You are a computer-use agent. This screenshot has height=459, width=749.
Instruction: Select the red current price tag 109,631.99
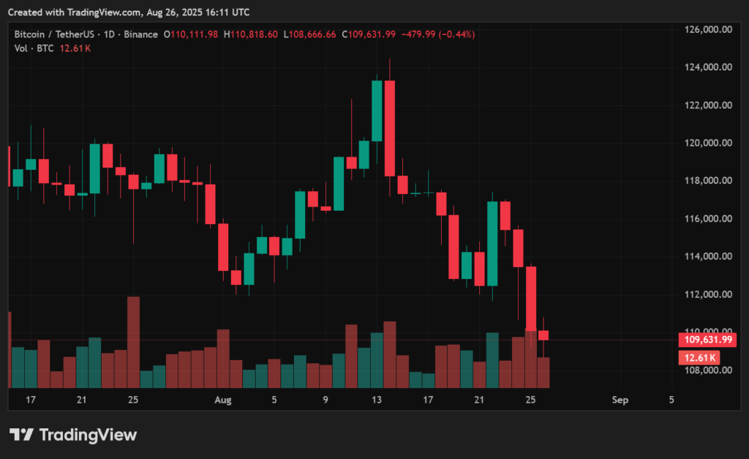point(706,340)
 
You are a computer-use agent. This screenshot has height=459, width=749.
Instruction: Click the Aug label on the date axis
point(223,400)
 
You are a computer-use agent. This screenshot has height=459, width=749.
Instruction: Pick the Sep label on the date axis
point(620,400)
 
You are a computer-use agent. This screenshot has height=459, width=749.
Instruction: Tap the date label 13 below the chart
point(377,400)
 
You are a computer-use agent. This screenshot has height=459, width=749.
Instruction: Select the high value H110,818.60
point(250,34)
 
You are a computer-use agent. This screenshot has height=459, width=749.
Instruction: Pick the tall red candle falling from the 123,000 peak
point(390,128)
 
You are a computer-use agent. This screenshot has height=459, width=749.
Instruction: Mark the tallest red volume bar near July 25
point(133,341)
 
